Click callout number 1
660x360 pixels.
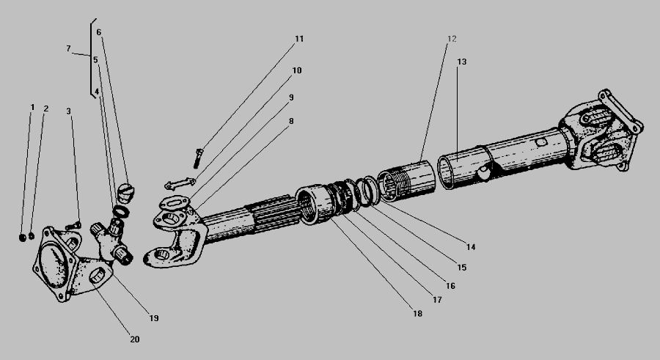point(32,108)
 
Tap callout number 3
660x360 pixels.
point(68,111)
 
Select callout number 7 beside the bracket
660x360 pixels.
point(68,49)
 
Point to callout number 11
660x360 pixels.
point(299,39)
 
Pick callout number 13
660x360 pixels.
point(461,62)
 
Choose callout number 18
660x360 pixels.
point(417,314)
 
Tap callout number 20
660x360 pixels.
point(135,339)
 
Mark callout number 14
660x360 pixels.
point(471,247)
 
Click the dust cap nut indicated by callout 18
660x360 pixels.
point(313,205)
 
